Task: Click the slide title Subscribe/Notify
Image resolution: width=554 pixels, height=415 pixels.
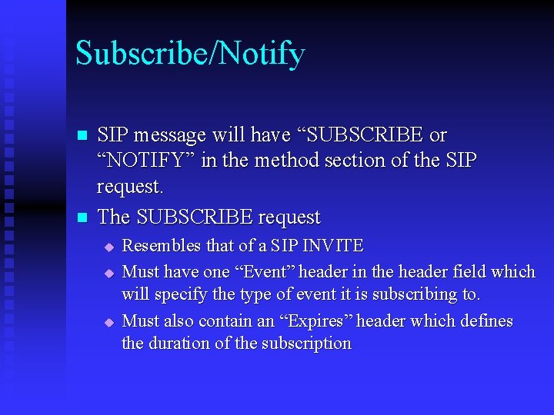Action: coord(190,54)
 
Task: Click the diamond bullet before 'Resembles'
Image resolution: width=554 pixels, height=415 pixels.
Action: coord(109,247)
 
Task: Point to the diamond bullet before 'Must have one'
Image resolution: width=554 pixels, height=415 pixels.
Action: coord(109,273)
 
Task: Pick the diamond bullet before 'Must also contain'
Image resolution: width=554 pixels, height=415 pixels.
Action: coord(109,322)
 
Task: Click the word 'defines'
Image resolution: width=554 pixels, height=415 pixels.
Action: coord(486,320)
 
